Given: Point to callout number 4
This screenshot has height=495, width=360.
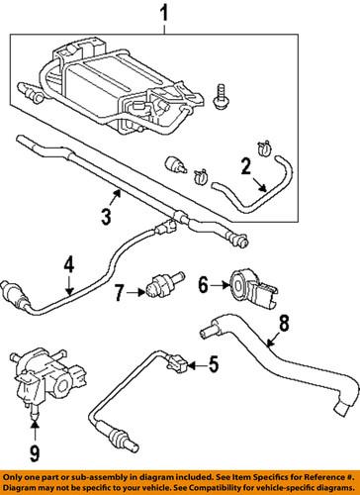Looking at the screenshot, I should click(68, 265).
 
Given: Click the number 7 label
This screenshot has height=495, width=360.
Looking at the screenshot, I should click(116, 293).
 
